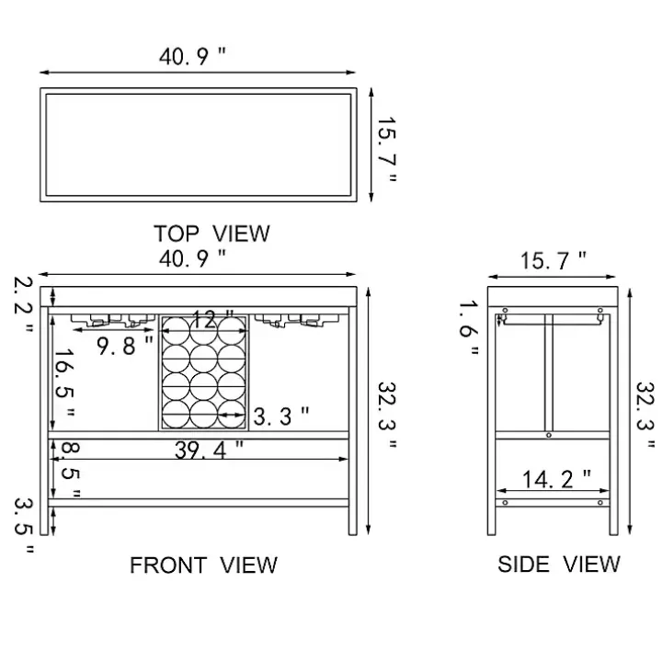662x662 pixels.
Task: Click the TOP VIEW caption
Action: pyautogui.click(x=211, y=234)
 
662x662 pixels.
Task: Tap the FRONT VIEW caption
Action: pyautogui.click(x=203, y=565)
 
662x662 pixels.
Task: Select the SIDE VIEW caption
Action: pyautogui.click(x=559, y=564)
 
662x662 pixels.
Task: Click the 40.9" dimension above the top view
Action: pyautogui.click(x=192, y=57)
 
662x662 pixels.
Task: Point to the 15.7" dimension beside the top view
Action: pyautogui.click(x=387, y=150)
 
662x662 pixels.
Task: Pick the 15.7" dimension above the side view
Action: pyautogui.click(x=554, y=260)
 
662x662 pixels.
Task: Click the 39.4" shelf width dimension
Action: pyautogui.click(x=209, y=450)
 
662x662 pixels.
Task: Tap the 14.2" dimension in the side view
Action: pyautogui.click(x=556, y=479)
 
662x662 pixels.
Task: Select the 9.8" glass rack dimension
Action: pyautogui.click(x=125, y=346)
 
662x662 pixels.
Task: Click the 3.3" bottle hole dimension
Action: pyautogui.click(x=281, y=417)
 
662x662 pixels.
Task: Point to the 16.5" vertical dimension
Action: pyautogui.click(x=65, y=382)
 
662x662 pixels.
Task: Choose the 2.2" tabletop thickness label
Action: pyautogui.click(x=23, y=304)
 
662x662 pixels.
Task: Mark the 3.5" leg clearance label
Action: pyautogui.click(x=24, y=526)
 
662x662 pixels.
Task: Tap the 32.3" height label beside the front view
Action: pyautogui.click(x=387, y=415)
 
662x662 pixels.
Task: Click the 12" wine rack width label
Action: pyautogui.click(x=212, y=320)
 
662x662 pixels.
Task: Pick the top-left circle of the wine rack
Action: pyautogui.click(x=176, y=331)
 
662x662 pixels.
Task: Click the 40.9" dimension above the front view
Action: pyautogui.click(x=192, y=258)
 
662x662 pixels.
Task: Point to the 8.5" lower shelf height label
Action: pyautogui.click(x=70, y=470)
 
